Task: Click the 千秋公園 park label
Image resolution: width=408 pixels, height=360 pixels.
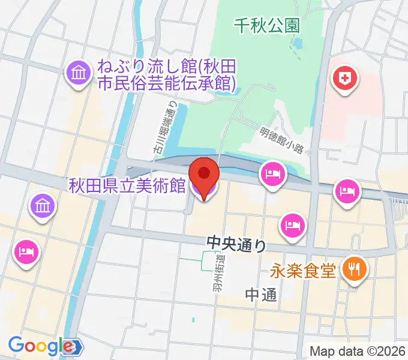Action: [x=267, y=26]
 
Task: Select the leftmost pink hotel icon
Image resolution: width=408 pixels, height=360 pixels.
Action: [x=25, y=250]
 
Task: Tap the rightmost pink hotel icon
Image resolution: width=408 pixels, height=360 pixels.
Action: [x=347, y=191]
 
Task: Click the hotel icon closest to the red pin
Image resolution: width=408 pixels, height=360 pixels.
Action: [x=271, y=175]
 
